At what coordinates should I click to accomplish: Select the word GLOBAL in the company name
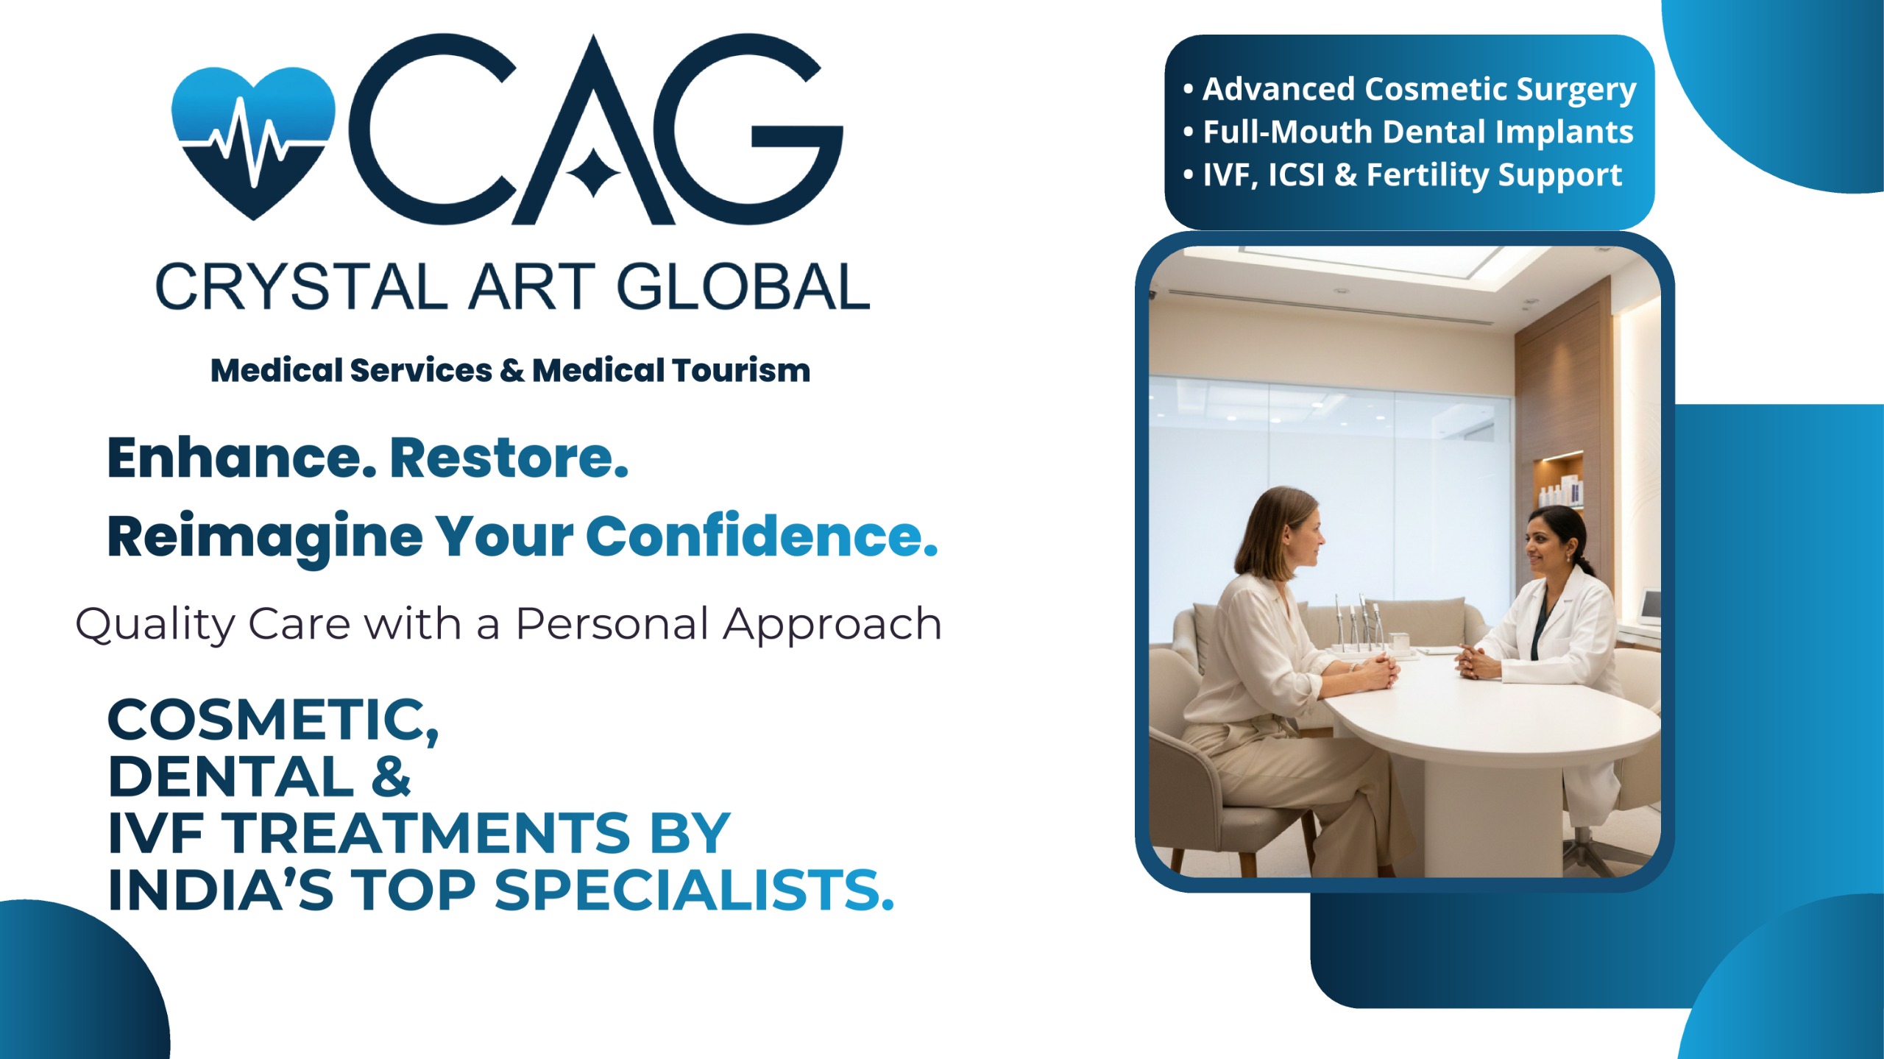click(743, 286)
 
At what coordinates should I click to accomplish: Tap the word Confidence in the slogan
click(762, 536)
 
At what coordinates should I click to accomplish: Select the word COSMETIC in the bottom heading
click(273, 720)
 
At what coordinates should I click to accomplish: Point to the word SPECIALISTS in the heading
click(694, 890)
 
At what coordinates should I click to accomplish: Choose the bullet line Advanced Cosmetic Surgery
click(1410, 89)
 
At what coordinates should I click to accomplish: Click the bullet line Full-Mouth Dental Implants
click(1409, 132)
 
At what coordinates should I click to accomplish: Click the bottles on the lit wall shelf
click(1560, 492)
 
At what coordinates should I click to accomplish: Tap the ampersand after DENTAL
click(391, 776)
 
